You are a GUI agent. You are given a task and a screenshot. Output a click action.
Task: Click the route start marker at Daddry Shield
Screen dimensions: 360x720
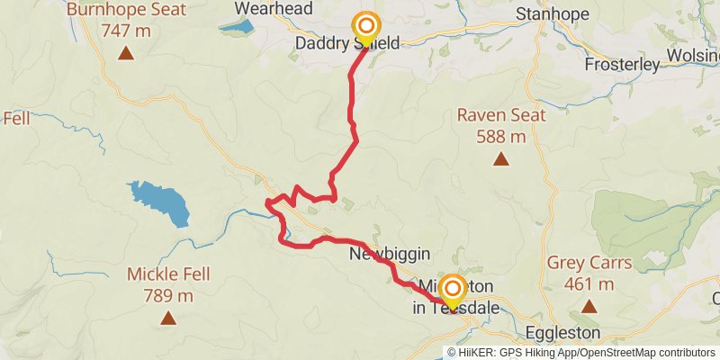(x=365, y=26)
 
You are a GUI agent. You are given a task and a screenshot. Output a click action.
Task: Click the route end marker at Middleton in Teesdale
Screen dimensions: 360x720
(x=452, y=290)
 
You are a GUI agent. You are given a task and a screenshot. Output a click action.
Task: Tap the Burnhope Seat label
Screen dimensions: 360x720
(x=126, y=11)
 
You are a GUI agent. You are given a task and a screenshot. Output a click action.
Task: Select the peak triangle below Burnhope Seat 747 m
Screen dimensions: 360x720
(x=126, y=53)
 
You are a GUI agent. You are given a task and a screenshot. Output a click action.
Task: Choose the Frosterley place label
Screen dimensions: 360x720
(x=622, y=64)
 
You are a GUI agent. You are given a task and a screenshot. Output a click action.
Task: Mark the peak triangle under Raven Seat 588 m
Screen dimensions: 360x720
(x=500, y=160)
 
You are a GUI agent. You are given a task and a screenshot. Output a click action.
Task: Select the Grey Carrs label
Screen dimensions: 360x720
(x=589, y=265)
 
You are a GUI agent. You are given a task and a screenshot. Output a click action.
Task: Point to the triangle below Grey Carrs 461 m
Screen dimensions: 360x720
(x=589, y=307)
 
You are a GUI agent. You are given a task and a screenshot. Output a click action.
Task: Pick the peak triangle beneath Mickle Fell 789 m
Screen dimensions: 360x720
(x=167, y=318)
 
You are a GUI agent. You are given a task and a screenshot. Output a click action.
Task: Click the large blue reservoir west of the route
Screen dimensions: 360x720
(x=162, y=203)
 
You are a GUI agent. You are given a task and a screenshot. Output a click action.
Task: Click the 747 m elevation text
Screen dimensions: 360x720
(x=126, y=31)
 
